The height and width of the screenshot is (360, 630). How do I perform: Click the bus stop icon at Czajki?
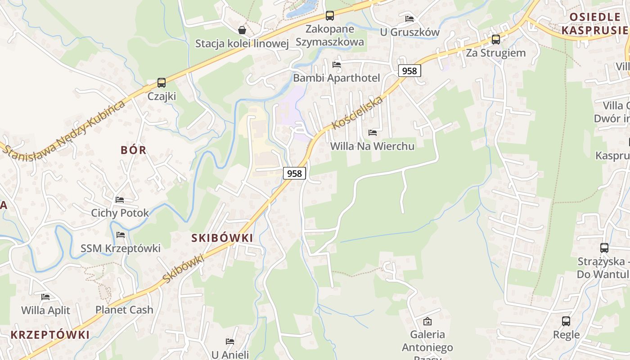(162, 83)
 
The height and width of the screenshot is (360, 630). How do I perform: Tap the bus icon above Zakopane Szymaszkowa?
(330, 16)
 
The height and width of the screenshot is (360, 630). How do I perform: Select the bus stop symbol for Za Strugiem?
(496, 40)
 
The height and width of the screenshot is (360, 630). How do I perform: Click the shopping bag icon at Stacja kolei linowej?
(242, 30)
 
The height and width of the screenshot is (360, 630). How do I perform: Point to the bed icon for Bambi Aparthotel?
(337, 65)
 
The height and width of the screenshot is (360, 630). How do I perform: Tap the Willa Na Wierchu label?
(372, 146)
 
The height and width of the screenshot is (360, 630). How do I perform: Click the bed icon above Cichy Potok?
(120, 199)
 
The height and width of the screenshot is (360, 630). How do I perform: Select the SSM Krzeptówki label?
(121, 248)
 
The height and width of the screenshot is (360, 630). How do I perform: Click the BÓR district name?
(134, 150)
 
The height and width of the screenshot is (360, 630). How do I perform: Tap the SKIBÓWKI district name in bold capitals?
(222, 238)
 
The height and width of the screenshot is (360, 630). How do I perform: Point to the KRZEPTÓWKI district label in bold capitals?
(50, 335)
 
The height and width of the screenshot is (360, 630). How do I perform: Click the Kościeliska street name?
(357, 112)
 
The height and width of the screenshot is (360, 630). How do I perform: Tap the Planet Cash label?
(124, 310)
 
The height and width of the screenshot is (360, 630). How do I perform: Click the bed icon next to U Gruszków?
(409, 19)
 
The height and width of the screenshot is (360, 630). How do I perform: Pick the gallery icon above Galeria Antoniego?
(427, 321)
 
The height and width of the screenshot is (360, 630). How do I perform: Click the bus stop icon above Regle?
(566, 321)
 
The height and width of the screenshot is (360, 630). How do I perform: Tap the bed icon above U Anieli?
(230, 342)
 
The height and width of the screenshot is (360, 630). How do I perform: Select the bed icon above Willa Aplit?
(45, 297)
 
